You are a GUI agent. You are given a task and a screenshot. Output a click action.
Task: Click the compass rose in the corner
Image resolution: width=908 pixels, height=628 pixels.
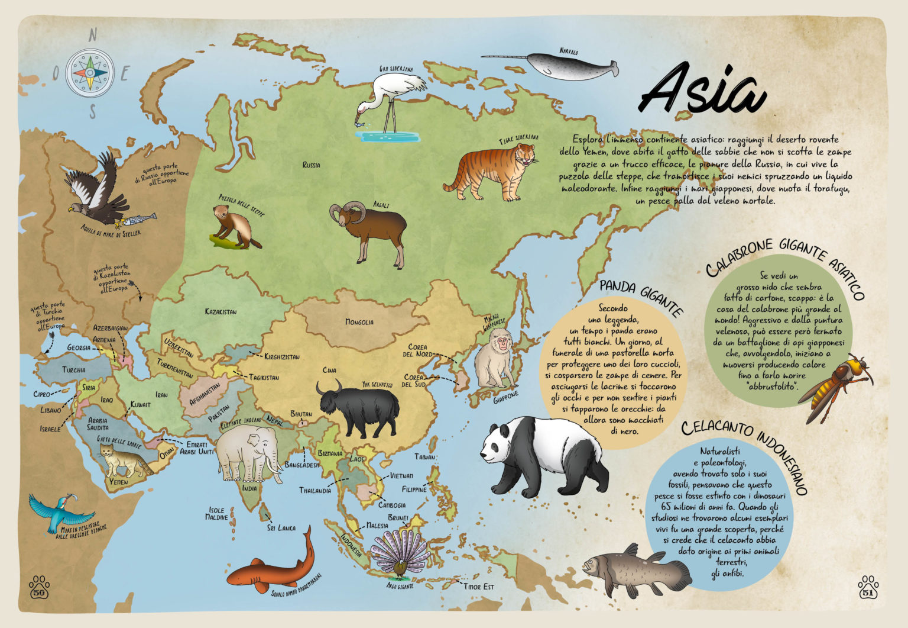pyautogui.click(x=89, y=73)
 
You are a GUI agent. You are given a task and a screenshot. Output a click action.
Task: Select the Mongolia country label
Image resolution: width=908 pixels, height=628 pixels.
pyautogui.click(x=359, y=322)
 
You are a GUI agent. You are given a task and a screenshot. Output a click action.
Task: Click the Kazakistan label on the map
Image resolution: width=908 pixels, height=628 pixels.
pyautogui.click(x=220, y=311)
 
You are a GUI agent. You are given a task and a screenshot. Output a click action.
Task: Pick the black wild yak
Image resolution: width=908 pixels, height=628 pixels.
pyautogui.click(x=358, y=409)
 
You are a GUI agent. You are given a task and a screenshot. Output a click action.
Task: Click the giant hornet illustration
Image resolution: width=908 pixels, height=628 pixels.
pyautogui.click(x=835, y=385)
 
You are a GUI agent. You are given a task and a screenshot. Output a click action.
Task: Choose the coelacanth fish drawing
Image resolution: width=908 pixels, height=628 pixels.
pyautogui.click(x=635, y=571)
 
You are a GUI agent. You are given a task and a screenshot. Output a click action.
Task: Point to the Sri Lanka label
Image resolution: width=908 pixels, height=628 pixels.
pyautogui.click(x=281, y=527)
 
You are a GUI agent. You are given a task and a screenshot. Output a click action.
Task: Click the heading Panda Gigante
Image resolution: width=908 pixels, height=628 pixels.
pyautogui.click(x=641, y=297)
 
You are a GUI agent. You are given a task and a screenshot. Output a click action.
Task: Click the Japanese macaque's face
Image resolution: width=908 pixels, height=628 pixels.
pyautogui.click(x=501, y=342)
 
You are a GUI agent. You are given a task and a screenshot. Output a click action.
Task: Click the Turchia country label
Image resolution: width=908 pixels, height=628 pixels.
pyautogui.click(x=73, y=370)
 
